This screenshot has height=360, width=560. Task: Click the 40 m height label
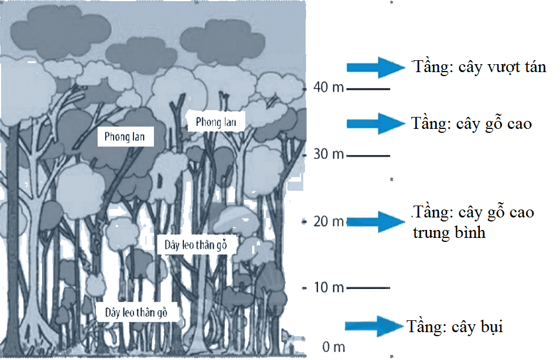pos(329,87)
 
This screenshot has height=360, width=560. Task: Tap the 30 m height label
pos(329,154)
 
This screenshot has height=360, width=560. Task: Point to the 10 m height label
pos(329,287)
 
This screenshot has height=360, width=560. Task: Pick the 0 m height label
pos(333,347)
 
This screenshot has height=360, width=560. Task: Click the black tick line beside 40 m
pos(368,89)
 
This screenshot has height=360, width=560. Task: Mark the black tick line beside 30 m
pos(368,156)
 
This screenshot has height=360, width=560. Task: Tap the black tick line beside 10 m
pos(368,287)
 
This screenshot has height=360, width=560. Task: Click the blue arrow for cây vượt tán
pos(376,67)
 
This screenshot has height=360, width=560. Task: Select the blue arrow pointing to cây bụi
pos(374,326)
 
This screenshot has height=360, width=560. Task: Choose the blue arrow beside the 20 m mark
pos(376,222)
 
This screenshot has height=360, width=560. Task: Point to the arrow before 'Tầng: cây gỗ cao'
pos(376,124)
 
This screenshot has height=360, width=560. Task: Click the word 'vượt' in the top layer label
pos(504,68)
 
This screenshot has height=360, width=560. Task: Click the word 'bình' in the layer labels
pos(470,232)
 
